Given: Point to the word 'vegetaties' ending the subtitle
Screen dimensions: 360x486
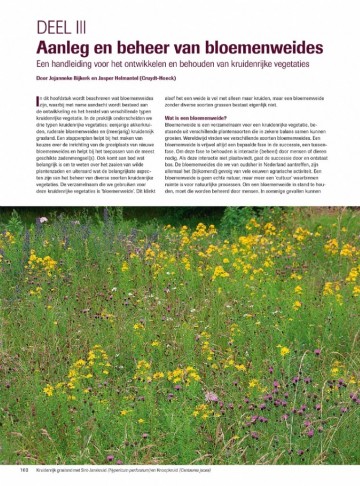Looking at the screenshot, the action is pos(312,63).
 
